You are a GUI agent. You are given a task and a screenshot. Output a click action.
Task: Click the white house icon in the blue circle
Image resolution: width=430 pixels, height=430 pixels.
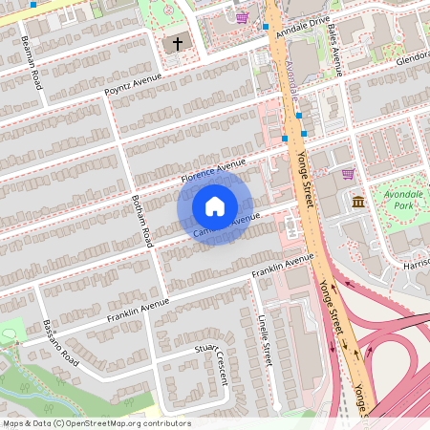[x=215, y=205]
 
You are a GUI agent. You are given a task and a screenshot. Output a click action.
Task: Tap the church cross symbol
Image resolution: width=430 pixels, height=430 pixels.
[x=177, y=44]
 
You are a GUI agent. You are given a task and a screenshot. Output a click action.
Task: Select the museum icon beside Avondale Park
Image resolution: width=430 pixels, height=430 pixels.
[x=358, y=203]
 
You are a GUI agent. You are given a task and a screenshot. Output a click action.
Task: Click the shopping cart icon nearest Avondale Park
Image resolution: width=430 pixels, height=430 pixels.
[x=348, y=174]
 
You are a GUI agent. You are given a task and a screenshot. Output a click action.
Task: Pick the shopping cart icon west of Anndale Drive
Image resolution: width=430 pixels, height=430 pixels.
[x=242, y=17]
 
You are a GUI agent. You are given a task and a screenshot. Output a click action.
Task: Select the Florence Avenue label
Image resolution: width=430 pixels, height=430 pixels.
[x=214, y=171]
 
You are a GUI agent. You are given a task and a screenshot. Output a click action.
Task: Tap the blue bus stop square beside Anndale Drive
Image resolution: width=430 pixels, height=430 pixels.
[x=266, y=27]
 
